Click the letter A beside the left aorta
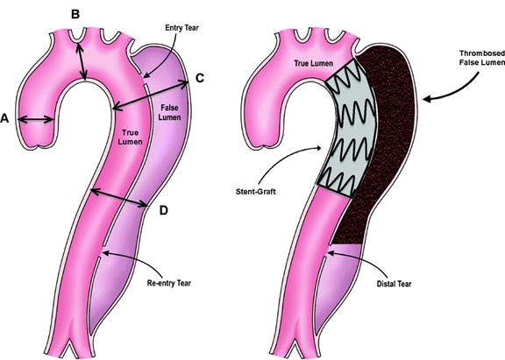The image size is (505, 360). [x=4, y=118]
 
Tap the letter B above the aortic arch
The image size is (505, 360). [x=75, y=14]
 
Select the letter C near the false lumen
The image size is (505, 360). [x=200, y=78]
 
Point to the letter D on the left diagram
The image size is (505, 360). [x=164, y=211]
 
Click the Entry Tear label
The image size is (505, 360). [x=182, y=28]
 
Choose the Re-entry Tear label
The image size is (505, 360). [x=168, y=283]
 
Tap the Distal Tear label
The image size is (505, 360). [x=394, y=284]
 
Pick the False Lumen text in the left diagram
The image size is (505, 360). [x=169, y=113]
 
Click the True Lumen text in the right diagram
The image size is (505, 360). [x=313, y=63]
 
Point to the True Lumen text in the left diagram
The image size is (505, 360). [x=130, y=137]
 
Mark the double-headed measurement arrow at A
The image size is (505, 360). [x=35, y=120]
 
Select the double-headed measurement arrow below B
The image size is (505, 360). [x=82, y=61]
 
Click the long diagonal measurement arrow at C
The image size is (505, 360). [x=150, y=95]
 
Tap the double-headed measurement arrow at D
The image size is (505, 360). [x=118, y=198]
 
